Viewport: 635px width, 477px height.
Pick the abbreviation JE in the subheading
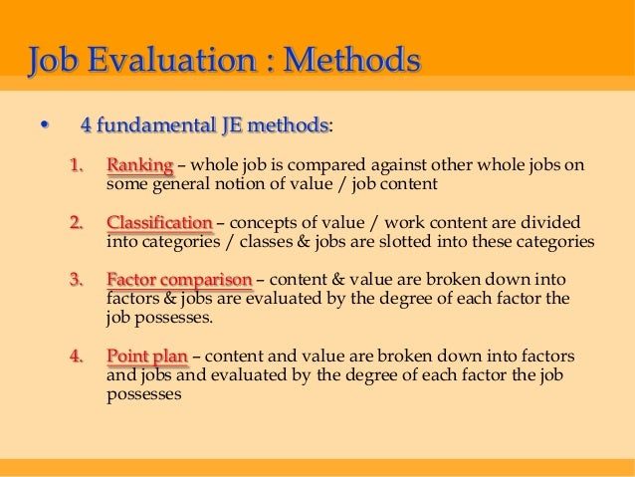click(228, 125)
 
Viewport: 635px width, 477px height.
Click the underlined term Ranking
click(139, 164)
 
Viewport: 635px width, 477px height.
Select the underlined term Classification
click(159, 222)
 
